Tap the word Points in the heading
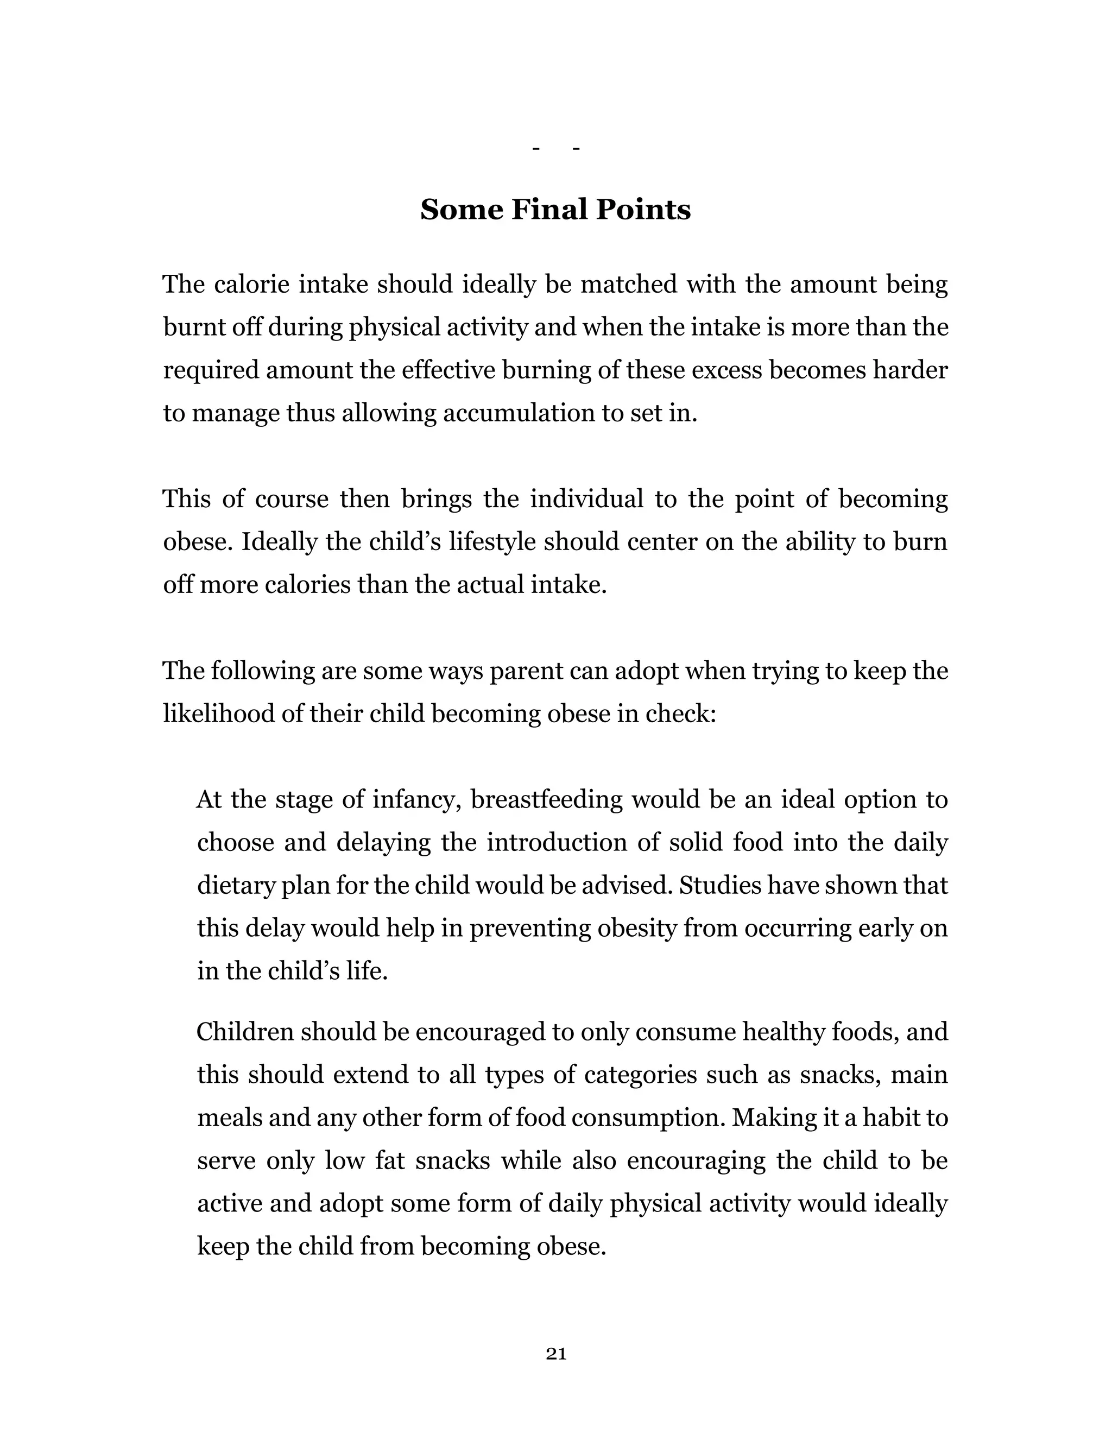[x=643, y=210]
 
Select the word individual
[x=586, y=499]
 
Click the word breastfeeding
[x=546, y=800]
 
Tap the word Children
[x=244, y=1032]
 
